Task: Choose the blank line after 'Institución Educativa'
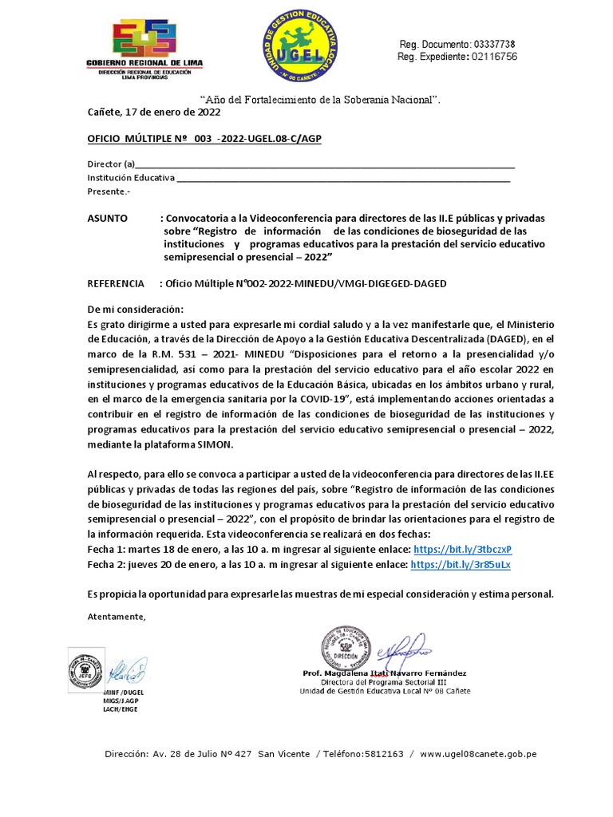click(x=343, y=178)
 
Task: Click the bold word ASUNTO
click(x=106, y=218)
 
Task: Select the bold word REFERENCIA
click(x=116, y=283)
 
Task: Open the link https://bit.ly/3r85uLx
click(x=460, y=564)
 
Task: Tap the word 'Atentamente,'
click(x=117, y=617)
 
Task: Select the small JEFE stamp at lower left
click(x=82, y=664)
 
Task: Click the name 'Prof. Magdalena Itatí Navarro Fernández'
click(x=385, y=673)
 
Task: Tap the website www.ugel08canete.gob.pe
click(x=478, y=753)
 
